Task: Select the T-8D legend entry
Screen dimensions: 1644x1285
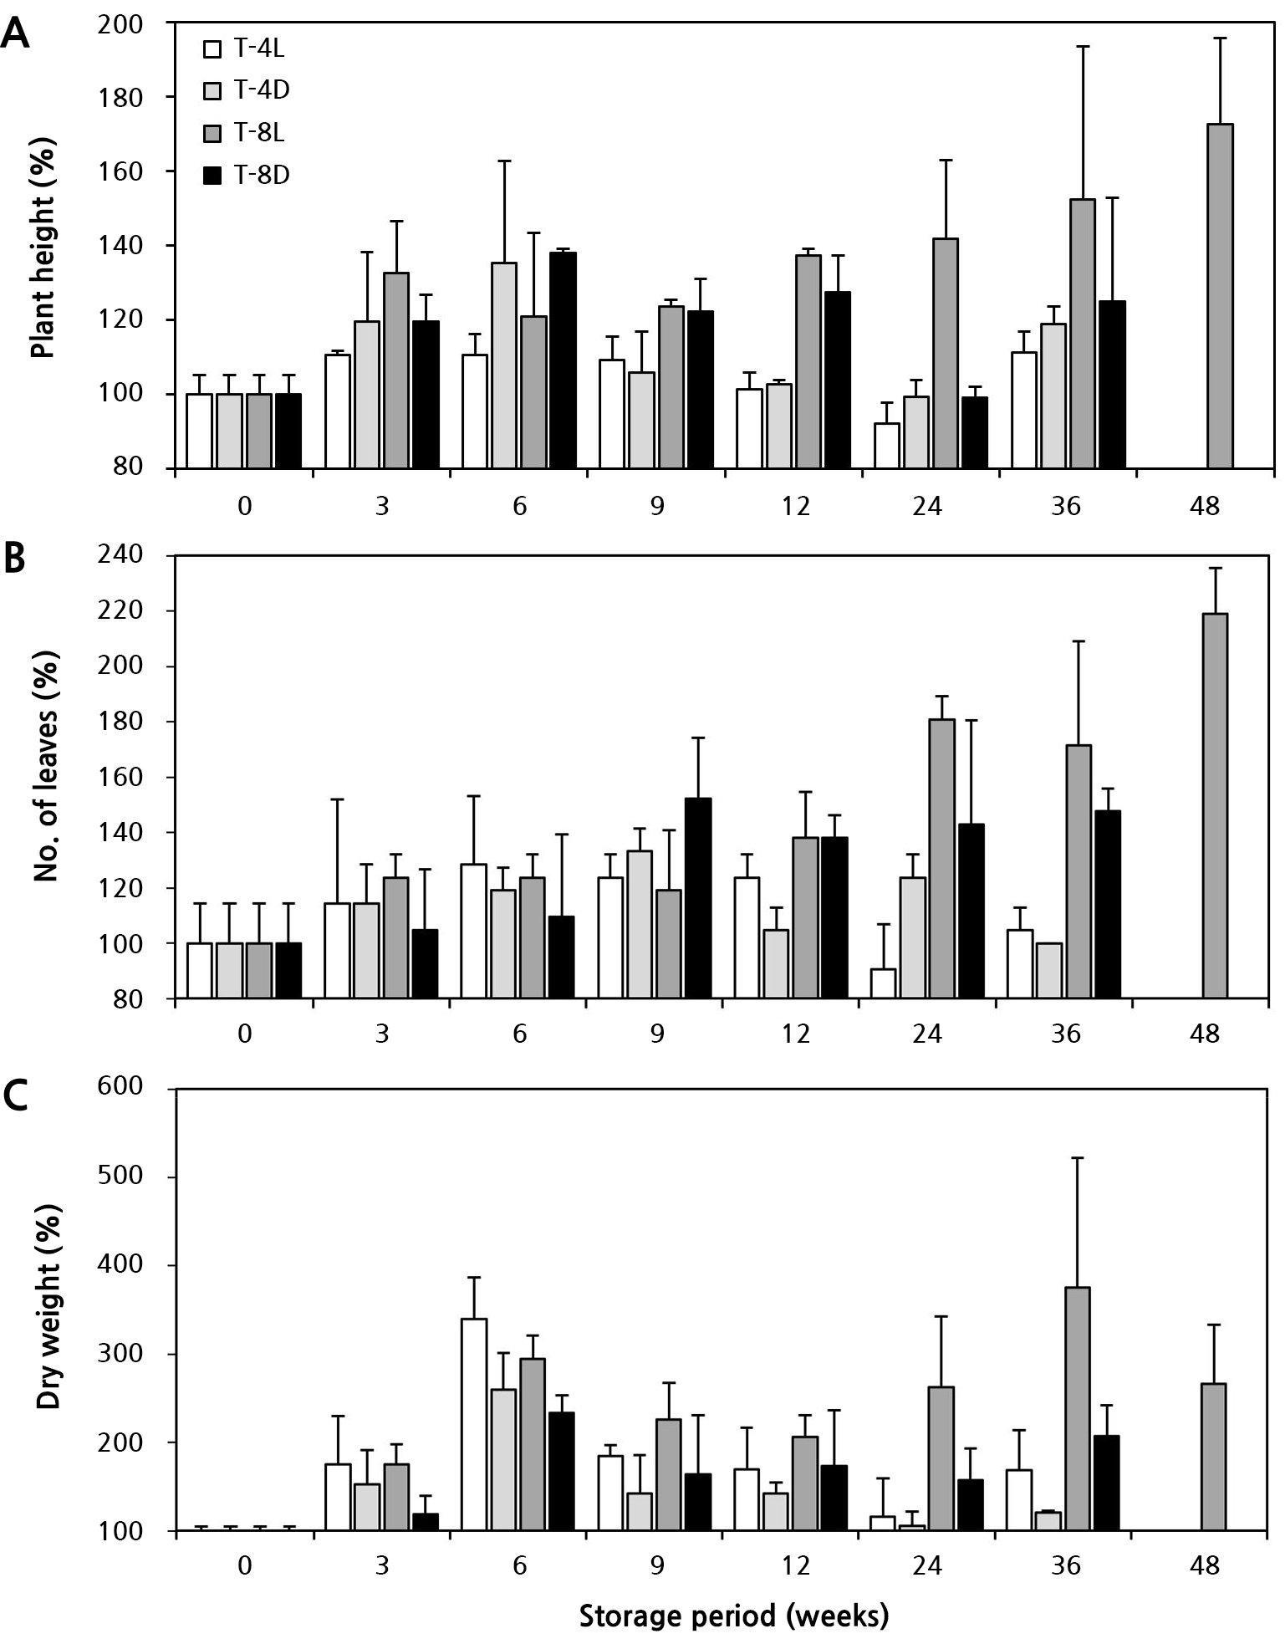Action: pos(247,176)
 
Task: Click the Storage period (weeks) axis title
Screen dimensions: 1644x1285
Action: pos(733,1616)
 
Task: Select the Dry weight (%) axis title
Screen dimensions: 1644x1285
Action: pos(49,1309)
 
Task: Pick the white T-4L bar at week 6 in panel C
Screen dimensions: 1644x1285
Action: pos(474,1425)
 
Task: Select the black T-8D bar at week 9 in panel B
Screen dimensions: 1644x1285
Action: pos(698,897)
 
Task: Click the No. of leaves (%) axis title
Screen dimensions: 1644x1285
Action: pos(49,777)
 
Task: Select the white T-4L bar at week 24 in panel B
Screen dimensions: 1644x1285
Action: pos(883,983)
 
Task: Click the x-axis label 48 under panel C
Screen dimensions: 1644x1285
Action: pos(1203,1565)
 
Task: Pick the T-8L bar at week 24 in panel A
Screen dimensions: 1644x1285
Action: pos(946,353)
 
